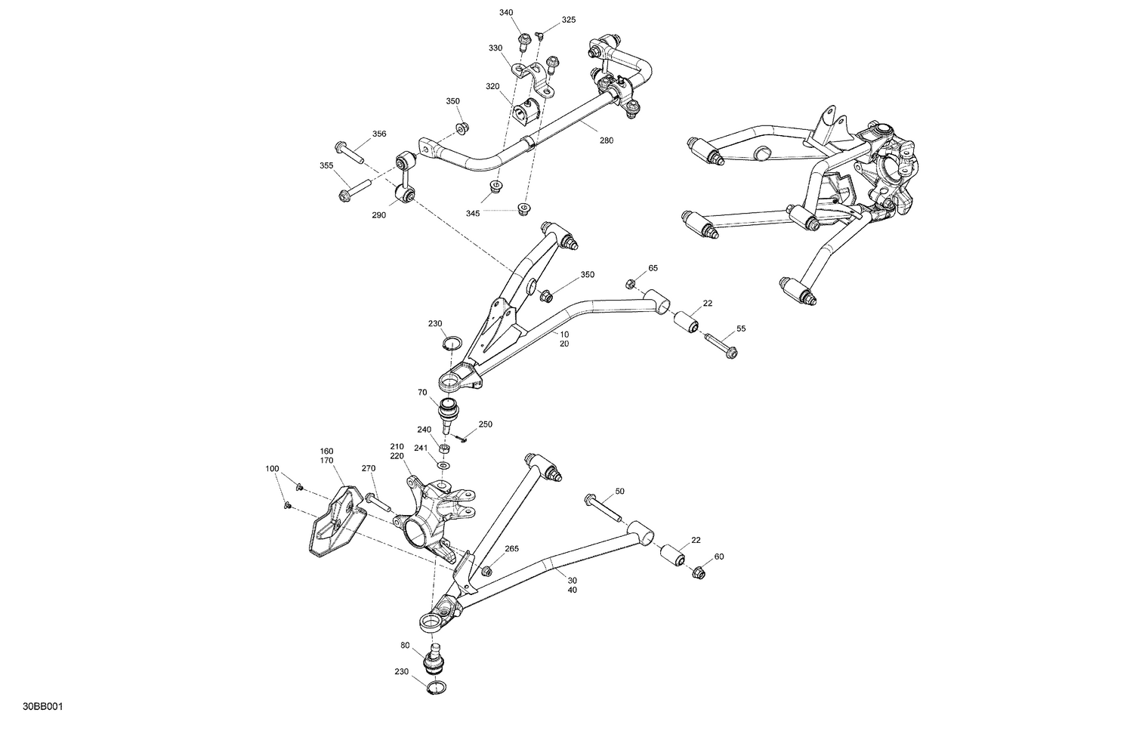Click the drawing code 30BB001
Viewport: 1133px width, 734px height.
coord(42,707)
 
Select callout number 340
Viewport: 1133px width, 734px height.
coord(506,13)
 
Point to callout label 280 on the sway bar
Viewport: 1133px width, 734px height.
coord(607,140)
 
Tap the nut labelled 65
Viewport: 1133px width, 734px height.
coord(630,284)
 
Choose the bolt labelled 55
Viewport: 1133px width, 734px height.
coord(721,347)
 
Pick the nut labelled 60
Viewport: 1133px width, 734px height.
coord(699,573)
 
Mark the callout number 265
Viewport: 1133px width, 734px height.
coord(511,549)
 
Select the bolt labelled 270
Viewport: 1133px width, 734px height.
coord(378,502)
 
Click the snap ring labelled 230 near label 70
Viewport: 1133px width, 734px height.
coord(451,344)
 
